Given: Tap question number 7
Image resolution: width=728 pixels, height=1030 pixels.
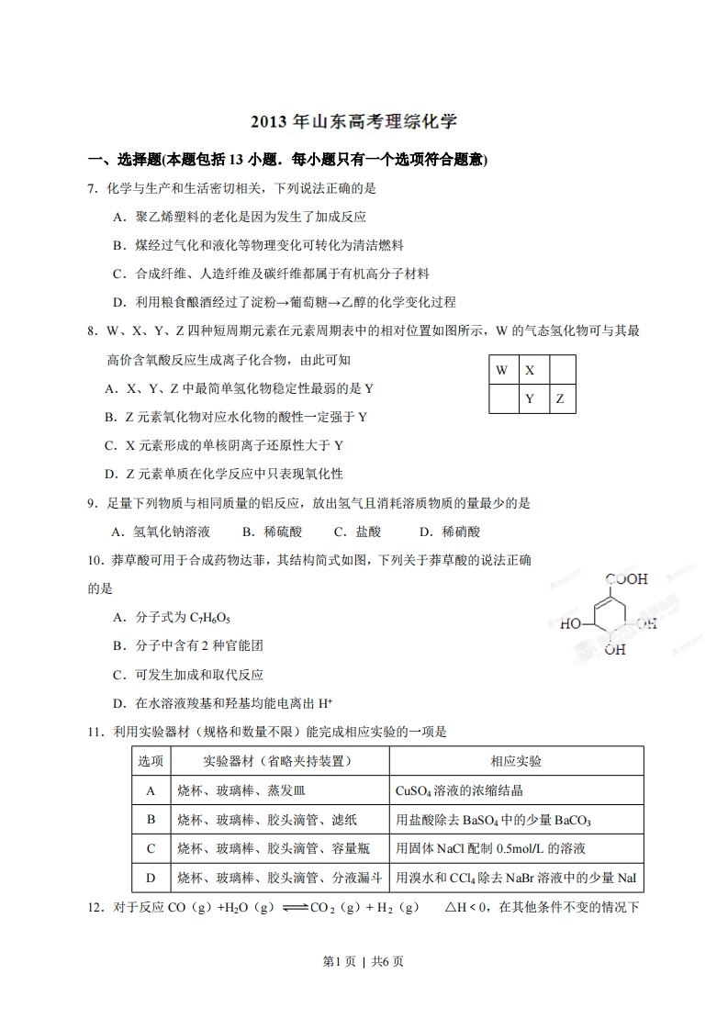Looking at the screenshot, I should point(92,188).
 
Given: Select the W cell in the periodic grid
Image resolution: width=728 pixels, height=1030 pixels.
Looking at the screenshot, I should point(501,371).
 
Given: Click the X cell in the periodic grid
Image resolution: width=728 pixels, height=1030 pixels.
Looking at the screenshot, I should point(531,371).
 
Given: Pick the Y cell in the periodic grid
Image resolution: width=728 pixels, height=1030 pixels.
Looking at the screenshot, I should point(531,399).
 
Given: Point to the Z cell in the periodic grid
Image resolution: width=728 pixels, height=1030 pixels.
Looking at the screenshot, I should point(560,399).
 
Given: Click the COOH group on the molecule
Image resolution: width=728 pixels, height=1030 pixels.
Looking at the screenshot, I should point(627,579).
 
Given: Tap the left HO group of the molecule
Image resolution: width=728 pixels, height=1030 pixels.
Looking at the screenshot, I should point(569,624).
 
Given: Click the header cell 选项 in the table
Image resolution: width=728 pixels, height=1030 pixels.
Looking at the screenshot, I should point(151,762).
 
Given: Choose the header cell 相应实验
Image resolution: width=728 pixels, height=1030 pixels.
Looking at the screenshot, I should point(516,762).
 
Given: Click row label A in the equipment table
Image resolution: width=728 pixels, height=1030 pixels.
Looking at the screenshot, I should point(151,790).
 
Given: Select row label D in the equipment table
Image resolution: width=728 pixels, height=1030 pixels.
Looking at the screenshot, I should point(151,878).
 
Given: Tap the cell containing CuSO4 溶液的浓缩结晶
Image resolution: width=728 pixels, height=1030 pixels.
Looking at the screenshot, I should point(459,790).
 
